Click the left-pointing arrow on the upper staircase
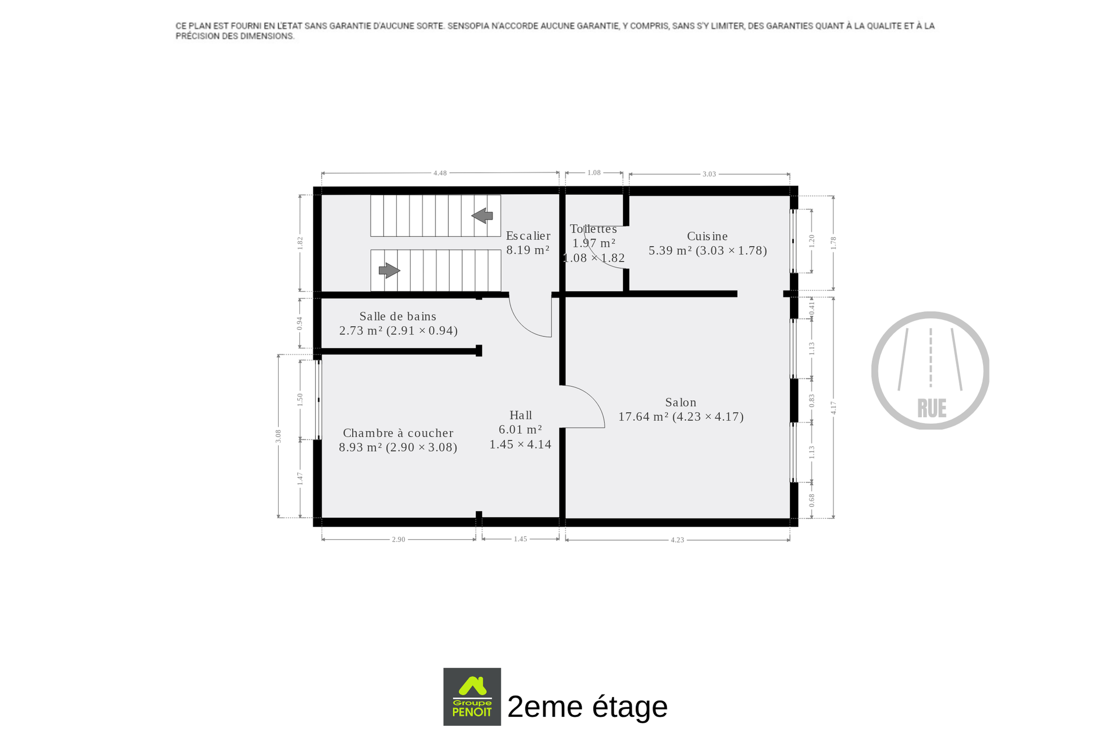(482, 216)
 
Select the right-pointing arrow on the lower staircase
(389, 271)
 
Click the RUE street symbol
(930, 371)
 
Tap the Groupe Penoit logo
(472, 696)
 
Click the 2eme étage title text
(588, 706)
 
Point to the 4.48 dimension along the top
(440, 173)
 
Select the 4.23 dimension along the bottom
(677, 540)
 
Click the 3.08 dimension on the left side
(278, 436)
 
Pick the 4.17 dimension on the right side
(833, 408)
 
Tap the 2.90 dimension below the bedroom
(398, 539)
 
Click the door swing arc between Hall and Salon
(593, 399)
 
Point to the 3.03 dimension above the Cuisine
(709, 174)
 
